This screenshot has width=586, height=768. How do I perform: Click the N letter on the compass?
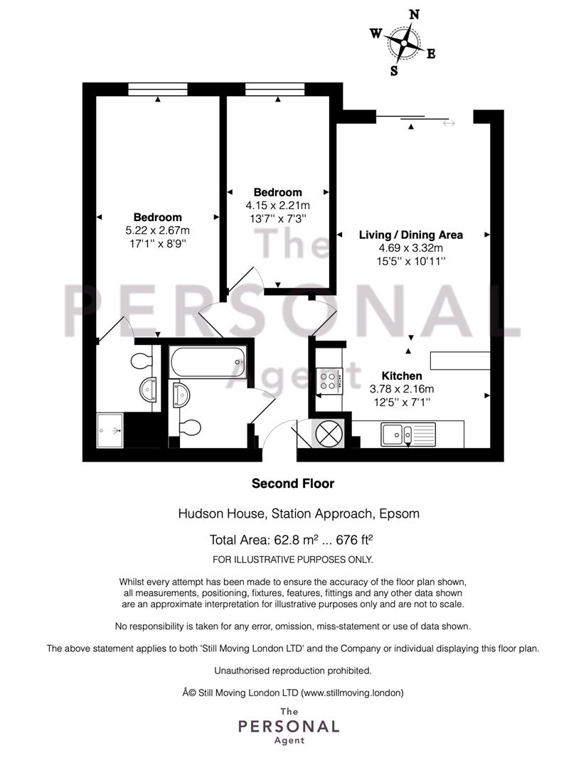tap(414, 15)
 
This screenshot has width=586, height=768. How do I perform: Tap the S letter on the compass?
tap(394, 71)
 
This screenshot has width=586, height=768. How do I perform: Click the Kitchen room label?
tap(402, 375)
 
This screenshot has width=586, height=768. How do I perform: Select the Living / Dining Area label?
tap(410, 235)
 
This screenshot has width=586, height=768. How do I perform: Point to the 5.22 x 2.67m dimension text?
tap(158, 230)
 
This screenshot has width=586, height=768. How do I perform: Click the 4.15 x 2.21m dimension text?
tap(278, 206)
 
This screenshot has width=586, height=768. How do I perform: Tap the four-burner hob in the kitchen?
tap(328, 380)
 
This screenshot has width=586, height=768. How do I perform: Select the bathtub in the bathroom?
tap(208, 363)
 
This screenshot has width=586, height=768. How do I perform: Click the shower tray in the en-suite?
tap(110, 430)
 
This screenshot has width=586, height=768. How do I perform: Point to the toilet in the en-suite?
tap(142, 361)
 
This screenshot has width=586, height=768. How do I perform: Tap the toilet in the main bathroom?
tap(190, 427)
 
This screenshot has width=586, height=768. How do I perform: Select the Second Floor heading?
tap(293, 484)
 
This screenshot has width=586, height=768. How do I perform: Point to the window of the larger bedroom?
tap(158, 89)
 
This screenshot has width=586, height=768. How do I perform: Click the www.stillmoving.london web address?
tap(352, 693)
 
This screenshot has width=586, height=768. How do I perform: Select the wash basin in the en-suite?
tap(147, 390)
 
